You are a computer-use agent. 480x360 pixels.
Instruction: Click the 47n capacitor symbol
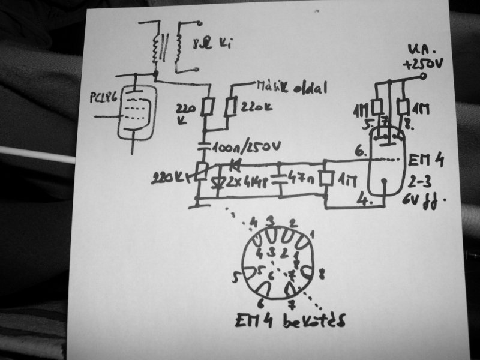tap(279, 178)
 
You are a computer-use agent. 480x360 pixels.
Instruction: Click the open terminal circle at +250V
tap(424, 76)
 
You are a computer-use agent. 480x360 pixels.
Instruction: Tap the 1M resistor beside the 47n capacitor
tap(324, 179)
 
